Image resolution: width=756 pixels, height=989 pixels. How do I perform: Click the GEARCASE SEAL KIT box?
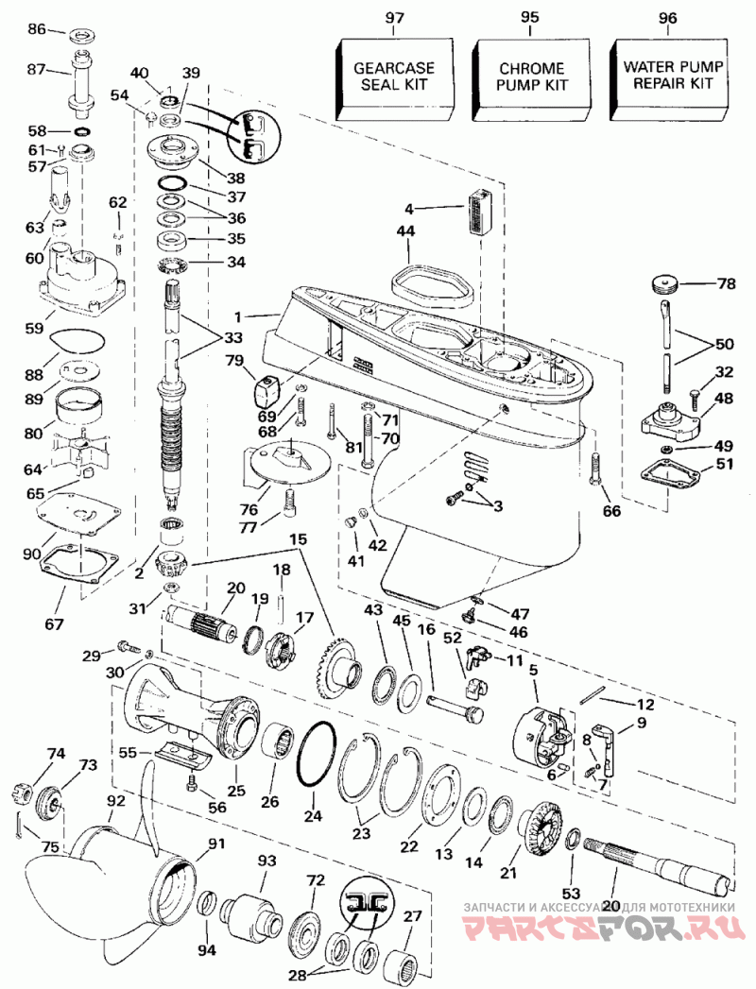(x=396, y=77)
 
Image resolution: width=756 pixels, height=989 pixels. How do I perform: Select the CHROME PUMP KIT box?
(x=533, y=77)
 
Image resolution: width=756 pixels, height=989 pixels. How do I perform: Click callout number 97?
(x=395, y=17)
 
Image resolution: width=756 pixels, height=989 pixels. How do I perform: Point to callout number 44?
(x=405, y=230)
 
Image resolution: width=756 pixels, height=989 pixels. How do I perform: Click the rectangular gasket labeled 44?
(x=433, y=285)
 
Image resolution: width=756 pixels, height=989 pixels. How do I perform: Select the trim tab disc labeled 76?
(x=287, y=462)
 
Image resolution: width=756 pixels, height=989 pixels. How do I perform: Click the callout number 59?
(x=33, y=328)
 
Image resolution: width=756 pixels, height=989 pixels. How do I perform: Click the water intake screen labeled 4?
(x=481, y=212)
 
